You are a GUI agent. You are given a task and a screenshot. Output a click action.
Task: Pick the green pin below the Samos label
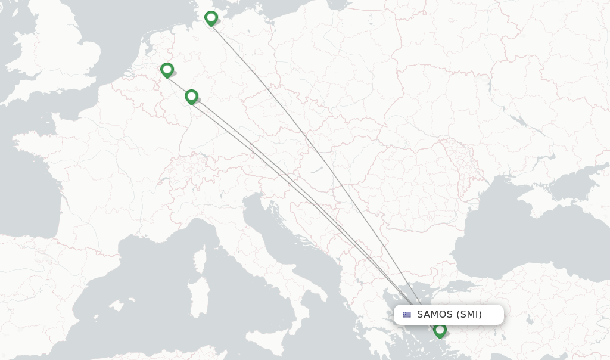pos(440,330)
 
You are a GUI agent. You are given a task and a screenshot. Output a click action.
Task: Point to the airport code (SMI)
pos(469,315)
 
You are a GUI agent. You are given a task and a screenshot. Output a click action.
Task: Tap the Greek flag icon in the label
pos(407,315)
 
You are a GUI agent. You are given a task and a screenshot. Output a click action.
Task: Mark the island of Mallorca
pos(116,306)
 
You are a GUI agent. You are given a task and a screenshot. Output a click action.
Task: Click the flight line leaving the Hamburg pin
pos(268,89)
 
